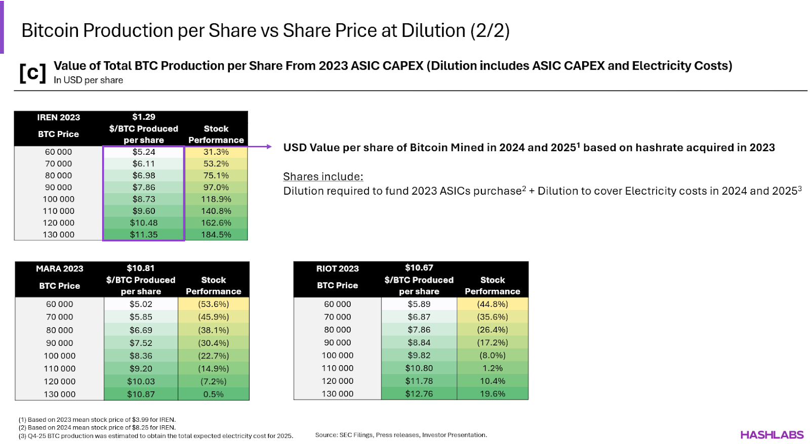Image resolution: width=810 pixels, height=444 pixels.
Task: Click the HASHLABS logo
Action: (772, 434)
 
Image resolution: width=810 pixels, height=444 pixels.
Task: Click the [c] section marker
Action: (32, 73)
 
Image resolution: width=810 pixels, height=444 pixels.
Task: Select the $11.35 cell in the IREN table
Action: (144, 235)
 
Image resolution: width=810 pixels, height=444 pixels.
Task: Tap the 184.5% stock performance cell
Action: (216, 235)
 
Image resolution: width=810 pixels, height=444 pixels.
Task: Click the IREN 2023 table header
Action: (58, 117)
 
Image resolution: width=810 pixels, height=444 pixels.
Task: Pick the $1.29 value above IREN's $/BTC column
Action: (144, 117)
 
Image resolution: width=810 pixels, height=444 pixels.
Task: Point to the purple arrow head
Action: (269, 147)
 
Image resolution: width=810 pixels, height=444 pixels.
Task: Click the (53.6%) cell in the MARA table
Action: (213, 304)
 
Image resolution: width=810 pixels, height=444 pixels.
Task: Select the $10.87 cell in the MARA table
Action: (141, 394)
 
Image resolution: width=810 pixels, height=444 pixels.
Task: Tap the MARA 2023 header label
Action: (59, 269)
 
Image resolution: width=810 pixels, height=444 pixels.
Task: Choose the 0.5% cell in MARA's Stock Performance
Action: (213, 394)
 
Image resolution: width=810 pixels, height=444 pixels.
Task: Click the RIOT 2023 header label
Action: (337, 269)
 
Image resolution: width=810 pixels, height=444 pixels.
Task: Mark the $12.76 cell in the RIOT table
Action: (419, 393)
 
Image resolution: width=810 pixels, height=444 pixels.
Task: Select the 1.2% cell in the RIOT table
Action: (492, 368)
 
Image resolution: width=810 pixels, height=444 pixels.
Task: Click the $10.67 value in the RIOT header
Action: (419, 268)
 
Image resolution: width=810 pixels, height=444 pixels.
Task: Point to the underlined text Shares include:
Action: (323, 176)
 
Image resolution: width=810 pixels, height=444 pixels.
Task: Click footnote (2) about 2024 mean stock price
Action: (97, 427)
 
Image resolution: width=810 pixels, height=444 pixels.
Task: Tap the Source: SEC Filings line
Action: (400, 435)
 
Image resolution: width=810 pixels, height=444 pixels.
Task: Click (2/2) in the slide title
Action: (490, 30)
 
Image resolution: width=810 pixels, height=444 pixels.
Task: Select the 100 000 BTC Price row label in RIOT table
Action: (337, 356)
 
